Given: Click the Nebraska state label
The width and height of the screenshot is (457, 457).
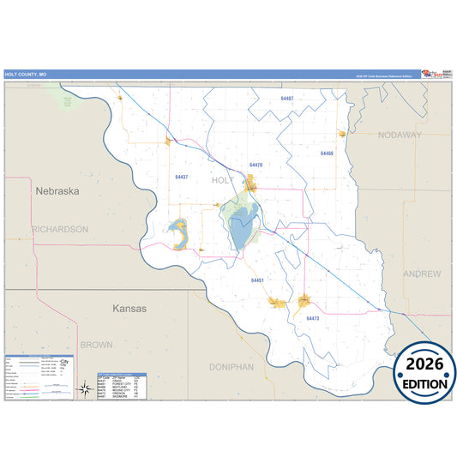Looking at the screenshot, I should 57,191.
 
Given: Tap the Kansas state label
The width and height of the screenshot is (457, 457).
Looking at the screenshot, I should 129,308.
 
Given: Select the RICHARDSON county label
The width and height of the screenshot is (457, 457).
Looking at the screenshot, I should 60,230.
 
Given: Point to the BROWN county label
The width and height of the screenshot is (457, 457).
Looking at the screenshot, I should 96,345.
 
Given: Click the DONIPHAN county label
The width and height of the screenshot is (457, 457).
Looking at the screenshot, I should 232,367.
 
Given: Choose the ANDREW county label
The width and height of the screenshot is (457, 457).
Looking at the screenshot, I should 423,274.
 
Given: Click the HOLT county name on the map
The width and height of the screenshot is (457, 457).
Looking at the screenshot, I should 222,180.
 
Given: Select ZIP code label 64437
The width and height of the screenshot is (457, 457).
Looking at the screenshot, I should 182,177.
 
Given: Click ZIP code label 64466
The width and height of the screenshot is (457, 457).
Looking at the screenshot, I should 327,153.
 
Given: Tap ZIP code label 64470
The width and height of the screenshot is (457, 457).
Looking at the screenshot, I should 256,165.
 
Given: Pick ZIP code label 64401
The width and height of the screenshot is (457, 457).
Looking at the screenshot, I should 257,280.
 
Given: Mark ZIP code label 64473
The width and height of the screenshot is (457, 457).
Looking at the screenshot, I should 312,318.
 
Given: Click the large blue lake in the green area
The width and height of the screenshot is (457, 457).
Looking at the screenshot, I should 239,230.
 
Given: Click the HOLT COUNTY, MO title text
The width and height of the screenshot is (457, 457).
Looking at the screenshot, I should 26,75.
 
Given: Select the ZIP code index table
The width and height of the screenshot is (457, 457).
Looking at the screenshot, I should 122,387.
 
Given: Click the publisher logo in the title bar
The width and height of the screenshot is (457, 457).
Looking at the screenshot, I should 436,75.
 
